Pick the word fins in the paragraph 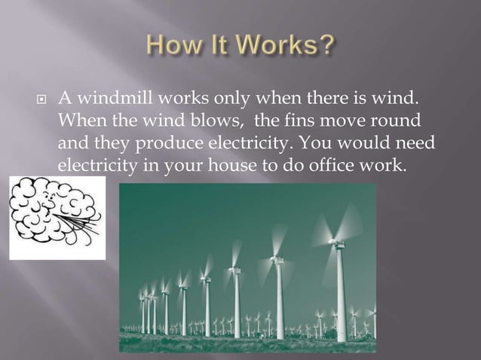pos(301,121)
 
